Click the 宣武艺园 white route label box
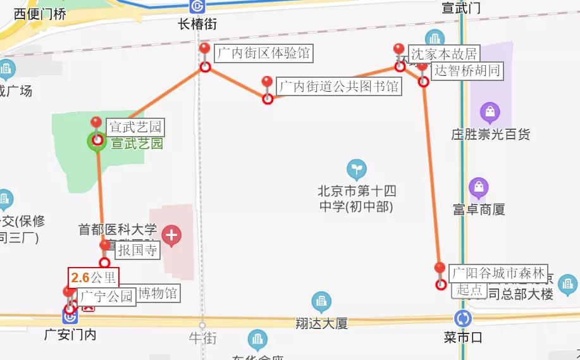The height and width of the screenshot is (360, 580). pos(135,127)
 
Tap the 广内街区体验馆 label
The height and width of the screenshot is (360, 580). pos(264,53)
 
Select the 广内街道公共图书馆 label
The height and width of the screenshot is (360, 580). pos(339,85)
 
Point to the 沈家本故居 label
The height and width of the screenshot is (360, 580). pos(443,54)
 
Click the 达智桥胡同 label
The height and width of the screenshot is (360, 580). pos(467,70)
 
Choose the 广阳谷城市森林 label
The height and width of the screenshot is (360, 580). pos(498,273)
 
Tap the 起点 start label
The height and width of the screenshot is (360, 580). pos(469,290)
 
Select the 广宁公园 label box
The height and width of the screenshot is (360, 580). pos(106,295)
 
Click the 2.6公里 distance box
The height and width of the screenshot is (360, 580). pos(93,277)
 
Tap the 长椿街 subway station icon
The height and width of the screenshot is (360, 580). pos(197,6)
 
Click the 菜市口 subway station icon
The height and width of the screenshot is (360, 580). pos(463,318)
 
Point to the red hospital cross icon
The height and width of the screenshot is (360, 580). pos(171,236)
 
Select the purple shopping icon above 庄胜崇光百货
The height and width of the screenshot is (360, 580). pos(490,113)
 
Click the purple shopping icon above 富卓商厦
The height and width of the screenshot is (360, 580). pos(479,188)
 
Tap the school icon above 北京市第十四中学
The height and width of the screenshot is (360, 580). pos(357,169)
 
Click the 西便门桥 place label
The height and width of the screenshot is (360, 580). pos(40,14)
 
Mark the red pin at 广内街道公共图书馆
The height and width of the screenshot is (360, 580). pos(267,83)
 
